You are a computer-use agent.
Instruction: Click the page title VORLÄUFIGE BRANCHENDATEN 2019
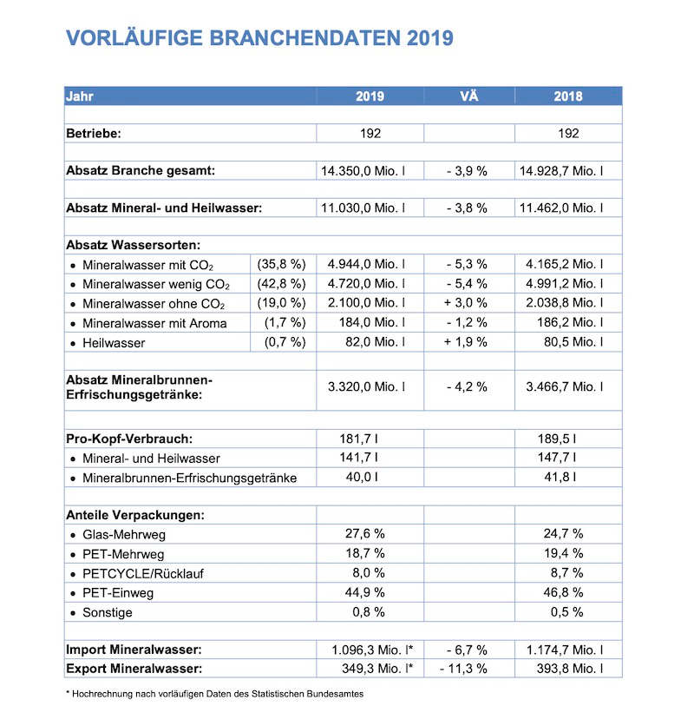(x=259, y=38)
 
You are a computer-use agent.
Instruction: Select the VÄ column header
(x=468, y=96)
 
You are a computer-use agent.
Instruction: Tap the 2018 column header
(x=568, y=96)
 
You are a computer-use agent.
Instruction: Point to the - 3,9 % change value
(x=468, y=171)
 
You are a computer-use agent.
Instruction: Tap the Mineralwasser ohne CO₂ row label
(x=154, y=303)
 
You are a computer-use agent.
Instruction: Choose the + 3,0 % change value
(x=468, y=302)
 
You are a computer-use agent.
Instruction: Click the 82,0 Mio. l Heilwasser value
(x=375, y=342)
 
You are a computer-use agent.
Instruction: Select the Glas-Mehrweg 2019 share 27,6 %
(x=365, y=533)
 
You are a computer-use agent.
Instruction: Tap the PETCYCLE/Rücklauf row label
(x=143, y=572)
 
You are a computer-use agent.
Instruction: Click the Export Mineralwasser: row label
(x=134, y=668)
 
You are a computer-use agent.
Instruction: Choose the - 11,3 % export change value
(x=466, y=668)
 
